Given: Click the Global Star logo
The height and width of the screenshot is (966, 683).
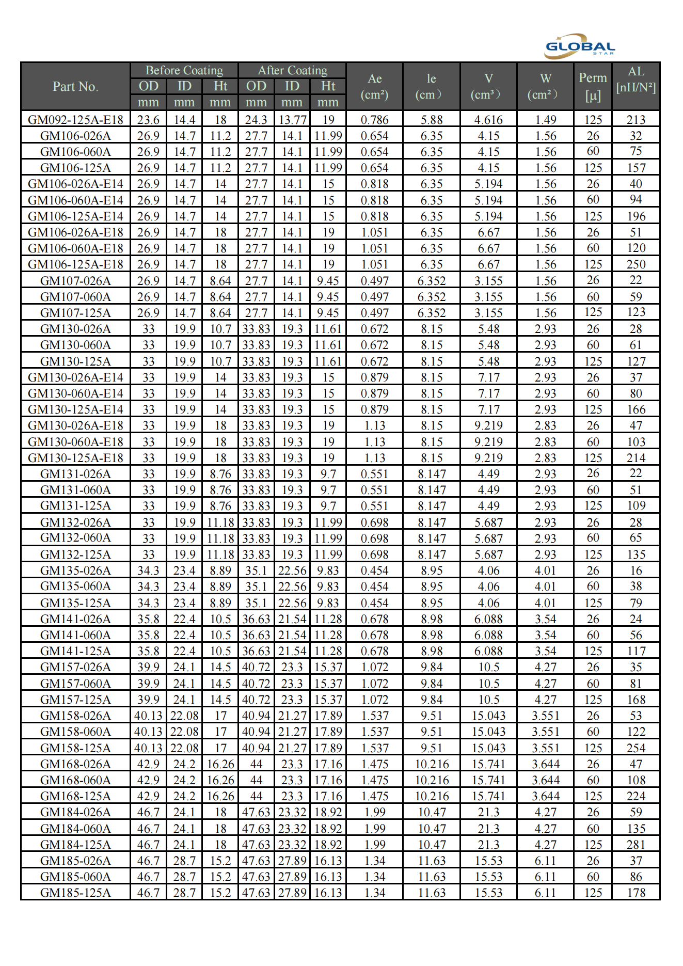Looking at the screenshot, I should pos(580,46).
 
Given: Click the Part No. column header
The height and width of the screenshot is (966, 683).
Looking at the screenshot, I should pos(75,86).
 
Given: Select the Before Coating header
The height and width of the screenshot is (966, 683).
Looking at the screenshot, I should pos(184,70).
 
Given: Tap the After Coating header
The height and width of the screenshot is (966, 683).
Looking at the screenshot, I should pos(292,70).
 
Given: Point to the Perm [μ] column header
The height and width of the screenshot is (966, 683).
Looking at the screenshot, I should pos(593,86).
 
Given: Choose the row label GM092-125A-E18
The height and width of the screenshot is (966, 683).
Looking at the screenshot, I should pos(75,120).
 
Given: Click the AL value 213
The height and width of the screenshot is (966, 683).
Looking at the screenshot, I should pos(636,120).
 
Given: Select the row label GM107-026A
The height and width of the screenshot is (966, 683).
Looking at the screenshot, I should pos(75,281).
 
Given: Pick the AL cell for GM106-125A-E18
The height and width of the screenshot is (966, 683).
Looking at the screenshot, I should pos(636,264).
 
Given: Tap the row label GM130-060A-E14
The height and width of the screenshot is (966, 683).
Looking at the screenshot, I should pos(75,393).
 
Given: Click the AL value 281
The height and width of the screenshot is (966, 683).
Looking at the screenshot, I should pos(636,845).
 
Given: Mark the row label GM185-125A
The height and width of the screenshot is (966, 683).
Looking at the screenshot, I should pos(75,893).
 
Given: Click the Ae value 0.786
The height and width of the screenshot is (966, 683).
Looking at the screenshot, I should pos(374,120).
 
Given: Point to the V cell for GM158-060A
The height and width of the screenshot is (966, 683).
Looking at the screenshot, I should pos(488,732).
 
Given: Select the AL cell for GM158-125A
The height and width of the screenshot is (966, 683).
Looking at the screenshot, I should pos(636,748).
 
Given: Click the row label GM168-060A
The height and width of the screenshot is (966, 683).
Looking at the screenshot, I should pos(75,780).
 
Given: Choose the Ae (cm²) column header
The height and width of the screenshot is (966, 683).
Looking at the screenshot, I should pos(374,86).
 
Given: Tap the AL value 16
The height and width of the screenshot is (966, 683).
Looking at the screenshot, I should pos(636,571).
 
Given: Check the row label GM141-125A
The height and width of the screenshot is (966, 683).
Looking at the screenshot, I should pos(75,651).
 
